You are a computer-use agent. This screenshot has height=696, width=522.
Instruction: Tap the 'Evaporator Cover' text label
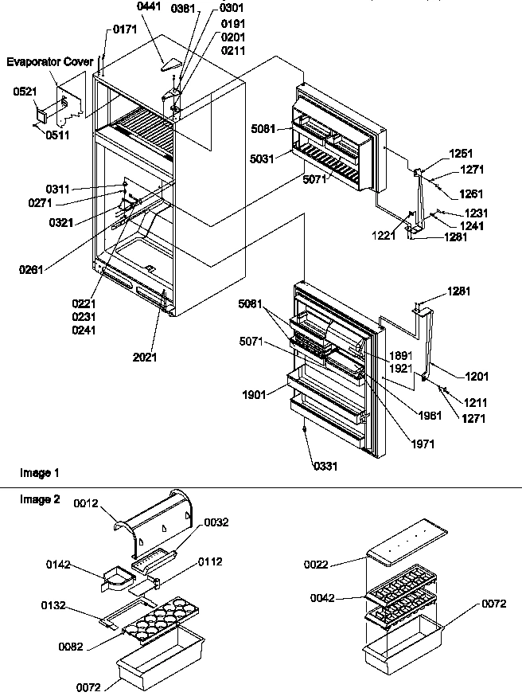pyautogui.click(x=50, y=61)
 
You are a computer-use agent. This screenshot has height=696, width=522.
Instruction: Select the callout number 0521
pyautogui.click(x=25, y=92)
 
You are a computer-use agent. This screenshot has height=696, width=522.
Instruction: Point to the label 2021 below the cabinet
pyautogui.click(x=144, y=357)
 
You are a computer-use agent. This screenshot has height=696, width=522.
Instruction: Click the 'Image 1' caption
pyautogui.click(x=39, y=473)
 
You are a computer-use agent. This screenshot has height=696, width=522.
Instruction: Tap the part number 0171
pyautogui.click(x=125, y=29)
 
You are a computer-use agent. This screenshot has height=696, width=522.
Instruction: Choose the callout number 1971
pyautogui.click(x=423, y=444)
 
